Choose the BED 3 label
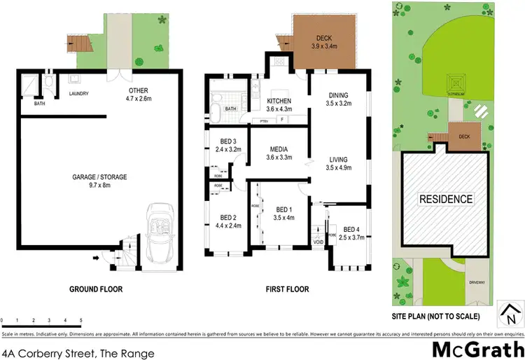coord(228,145)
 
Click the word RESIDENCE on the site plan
coord(445,199)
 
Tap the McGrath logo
coord(479,347)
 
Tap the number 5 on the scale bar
coord(81,320)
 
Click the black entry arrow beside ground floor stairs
coord(95,258)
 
